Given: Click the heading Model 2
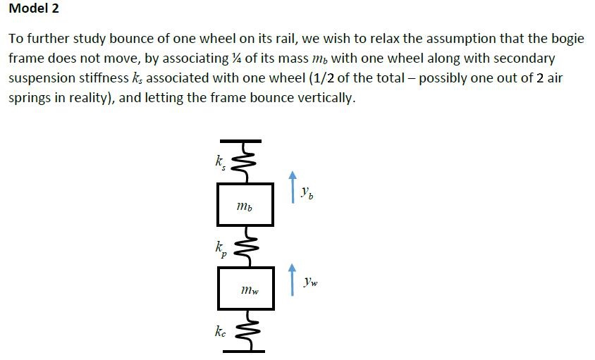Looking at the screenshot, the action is [34, 9].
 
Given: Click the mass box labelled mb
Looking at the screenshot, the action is [245, 204].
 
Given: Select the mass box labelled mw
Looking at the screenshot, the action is [245, 288].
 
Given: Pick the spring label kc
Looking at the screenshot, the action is [221, 331].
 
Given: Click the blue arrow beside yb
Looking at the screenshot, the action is [293, 187].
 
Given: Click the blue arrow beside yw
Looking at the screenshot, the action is [293, 280].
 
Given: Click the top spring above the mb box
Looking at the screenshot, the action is [244, 163].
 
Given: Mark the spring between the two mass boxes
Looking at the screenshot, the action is [244, 247].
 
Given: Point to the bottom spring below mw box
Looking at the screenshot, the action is [244, 330].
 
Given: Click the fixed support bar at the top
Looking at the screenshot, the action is [244, 142].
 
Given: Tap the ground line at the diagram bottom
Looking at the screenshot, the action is [244, 350].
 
